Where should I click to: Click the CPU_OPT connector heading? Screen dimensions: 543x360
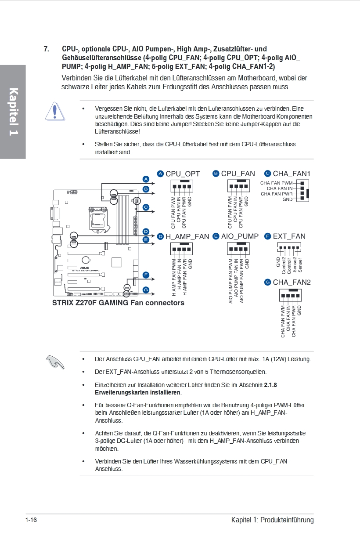[x=183, y=174]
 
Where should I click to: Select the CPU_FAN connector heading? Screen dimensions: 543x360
[x=238, y=174]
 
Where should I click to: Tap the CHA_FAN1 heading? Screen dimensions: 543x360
[x=292, y=174]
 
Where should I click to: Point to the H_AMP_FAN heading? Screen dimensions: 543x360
[x=187, y=236]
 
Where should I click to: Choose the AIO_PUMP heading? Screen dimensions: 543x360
[x=240, y=236]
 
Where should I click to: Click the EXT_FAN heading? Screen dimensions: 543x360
[x=289, y=236]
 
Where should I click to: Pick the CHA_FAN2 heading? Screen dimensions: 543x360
[x=292, y=282]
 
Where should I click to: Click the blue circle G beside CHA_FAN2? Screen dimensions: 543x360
[x=267, y=282]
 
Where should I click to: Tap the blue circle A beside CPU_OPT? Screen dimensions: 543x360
[x=160, y=174]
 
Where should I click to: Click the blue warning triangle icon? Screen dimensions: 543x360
[x=54, y=112]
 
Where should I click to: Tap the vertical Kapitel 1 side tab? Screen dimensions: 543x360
[x=13, y=112]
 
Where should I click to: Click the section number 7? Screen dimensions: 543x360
[x=46, y=49]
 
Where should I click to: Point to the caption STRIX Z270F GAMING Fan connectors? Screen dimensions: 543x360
[x=118, y=303]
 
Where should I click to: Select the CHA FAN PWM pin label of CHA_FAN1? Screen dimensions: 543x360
[x=276, y=183]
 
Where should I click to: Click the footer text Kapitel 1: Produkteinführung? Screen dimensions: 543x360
[x=272, y=520]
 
